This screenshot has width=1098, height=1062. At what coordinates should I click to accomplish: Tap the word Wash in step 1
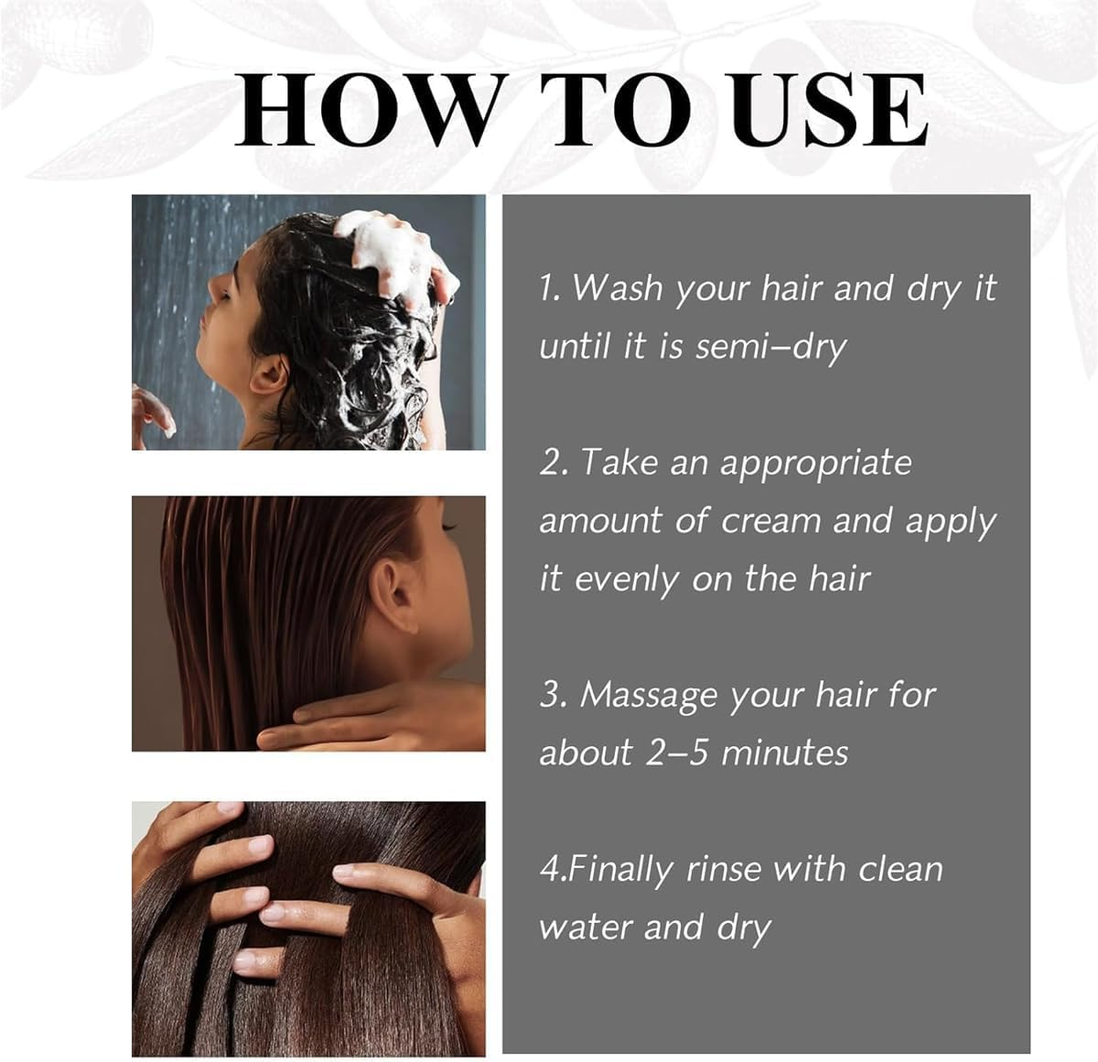[617, 288]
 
